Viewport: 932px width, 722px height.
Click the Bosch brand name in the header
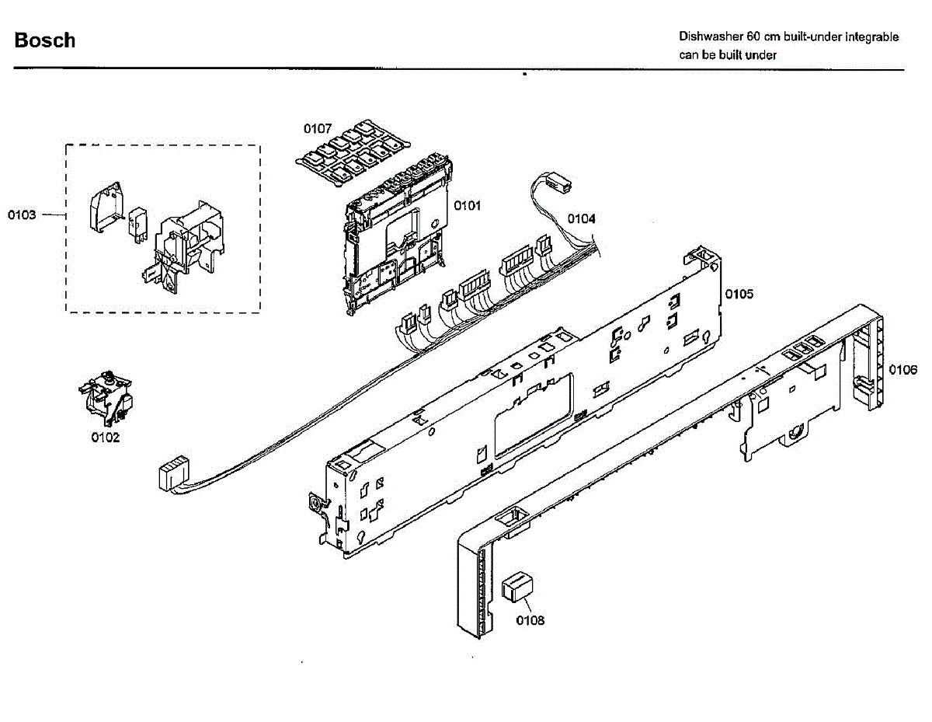point(45,40)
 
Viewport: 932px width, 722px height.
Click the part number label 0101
point(467,206)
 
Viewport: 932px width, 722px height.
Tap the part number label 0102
point(106,438)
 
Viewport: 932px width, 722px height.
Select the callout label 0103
point(22,215)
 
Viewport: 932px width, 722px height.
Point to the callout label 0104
point(581,218)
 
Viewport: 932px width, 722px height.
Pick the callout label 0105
point(739,294)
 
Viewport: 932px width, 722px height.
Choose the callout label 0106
point(902,369)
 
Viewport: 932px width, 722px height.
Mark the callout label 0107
point(317,127)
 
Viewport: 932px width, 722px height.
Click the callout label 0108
point(530,620)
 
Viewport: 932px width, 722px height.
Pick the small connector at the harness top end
point(560,186)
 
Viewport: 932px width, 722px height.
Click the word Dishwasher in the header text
point(710,37)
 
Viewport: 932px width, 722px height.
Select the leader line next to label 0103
point(53,215)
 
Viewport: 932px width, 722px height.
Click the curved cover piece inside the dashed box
point(104,207)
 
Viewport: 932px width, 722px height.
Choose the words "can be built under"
point(728,54)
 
